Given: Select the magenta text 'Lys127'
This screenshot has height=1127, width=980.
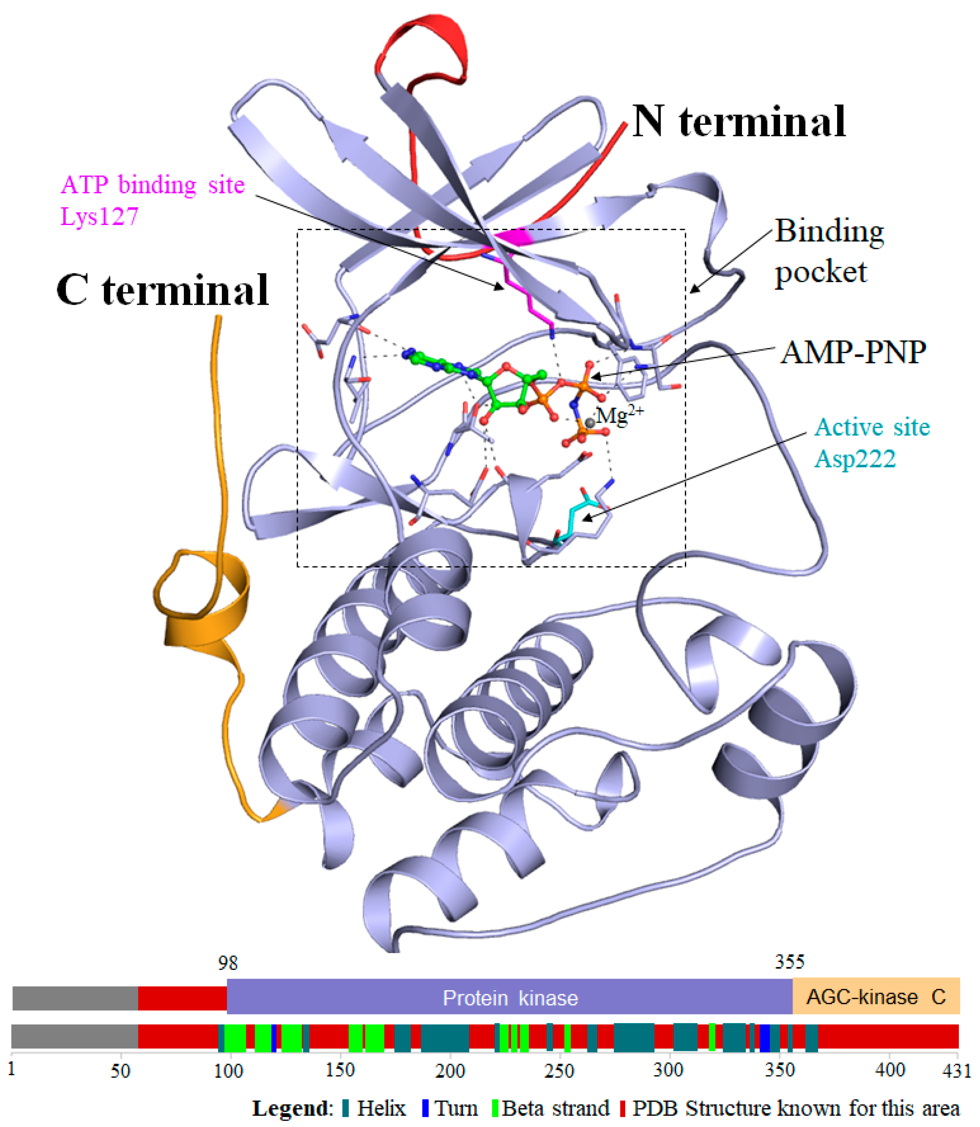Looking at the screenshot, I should tap(100, 217).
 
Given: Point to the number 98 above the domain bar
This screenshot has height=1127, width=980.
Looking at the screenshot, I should tap(228, 963).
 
